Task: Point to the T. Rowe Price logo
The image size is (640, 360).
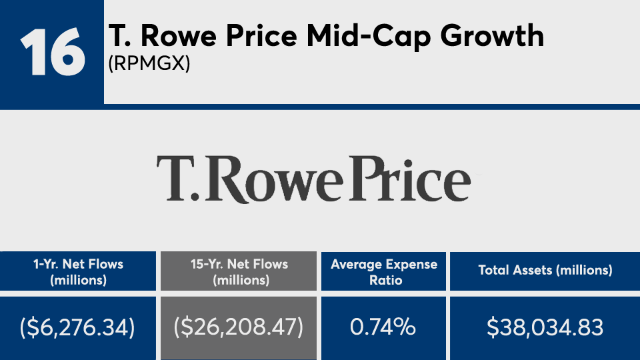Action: coord(313,178)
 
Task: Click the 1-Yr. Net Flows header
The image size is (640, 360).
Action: coord(79,271)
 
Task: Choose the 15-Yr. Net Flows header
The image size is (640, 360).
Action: coord(237,271)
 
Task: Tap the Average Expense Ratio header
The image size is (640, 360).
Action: coord(384,271)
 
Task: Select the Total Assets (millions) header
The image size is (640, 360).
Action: coord(545,271)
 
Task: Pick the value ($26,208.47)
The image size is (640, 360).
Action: coord(237,327)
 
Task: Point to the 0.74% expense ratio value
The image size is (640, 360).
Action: coord(384,327)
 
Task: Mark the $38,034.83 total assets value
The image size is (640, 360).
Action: coord(545,327)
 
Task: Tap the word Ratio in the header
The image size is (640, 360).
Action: coord(385,280)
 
